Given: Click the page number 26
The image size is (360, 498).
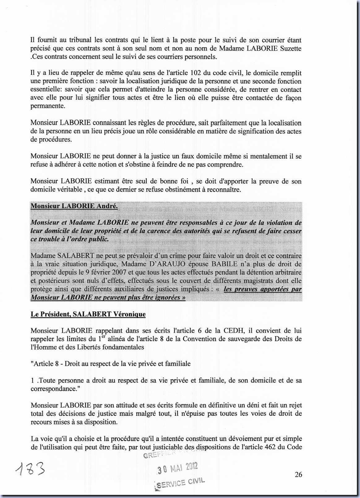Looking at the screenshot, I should tap(298, 474).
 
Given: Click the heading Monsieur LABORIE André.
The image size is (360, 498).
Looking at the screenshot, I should tap(74, 206).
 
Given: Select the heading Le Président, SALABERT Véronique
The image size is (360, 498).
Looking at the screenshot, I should tap(88, 314).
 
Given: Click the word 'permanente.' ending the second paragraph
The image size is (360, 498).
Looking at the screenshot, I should tap(48, 106).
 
